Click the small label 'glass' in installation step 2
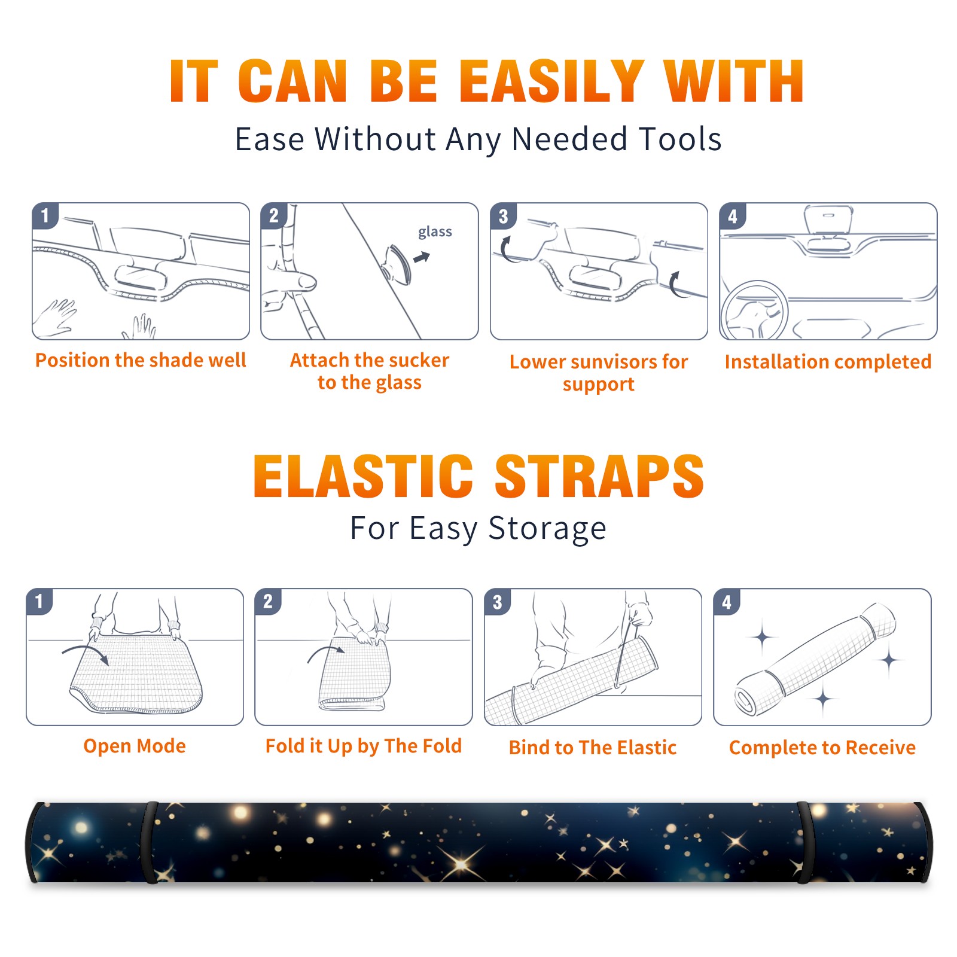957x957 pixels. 435,232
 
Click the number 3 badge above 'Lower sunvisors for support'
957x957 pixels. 503,217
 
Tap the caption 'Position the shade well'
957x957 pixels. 141,360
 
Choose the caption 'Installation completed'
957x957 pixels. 828,362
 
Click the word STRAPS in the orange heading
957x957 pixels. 599,476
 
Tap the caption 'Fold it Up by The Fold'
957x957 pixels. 364,746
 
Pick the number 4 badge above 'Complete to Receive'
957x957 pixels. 726,602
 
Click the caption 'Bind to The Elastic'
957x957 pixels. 593,748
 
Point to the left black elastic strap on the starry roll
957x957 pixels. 150,842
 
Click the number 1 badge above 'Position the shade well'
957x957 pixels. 45,215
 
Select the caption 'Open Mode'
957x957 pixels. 135,746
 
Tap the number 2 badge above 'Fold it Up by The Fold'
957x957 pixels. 267,601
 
